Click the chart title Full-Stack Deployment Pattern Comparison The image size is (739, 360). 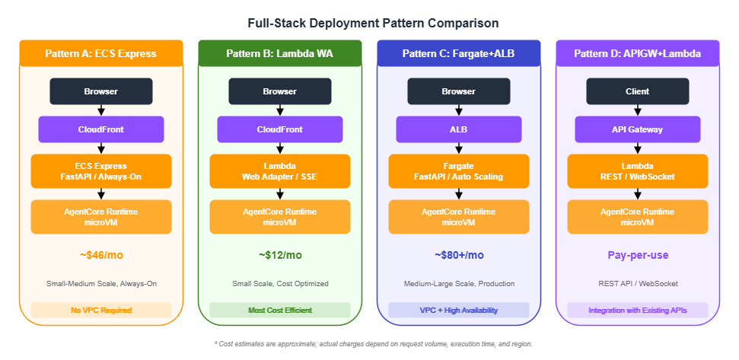point(369,24)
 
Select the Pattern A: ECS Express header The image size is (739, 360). point(101,53)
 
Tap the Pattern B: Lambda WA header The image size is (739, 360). point(280,53)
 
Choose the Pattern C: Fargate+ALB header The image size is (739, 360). point(459,53)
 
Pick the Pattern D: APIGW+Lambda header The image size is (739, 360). point(637,53)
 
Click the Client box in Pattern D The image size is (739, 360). point(637,91)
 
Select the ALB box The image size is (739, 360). point(459,129)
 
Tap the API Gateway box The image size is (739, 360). point(637,129)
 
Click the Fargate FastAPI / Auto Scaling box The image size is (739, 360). point(459,171)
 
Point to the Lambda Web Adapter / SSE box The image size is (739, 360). point(280,171)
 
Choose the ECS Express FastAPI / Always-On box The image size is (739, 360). point(101,171)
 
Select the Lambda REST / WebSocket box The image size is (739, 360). point(637,171)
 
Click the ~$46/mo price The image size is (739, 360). point(101,255)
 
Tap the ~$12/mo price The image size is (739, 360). point(280,255)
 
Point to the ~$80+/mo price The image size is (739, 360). point(459,255)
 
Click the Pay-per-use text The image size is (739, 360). point(637,255)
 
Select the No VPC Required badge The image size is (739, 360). point(101,311)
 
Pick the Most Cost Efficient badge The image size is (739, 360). point(280,311)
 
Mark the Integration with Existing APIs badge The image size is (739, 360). point(637,311)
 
